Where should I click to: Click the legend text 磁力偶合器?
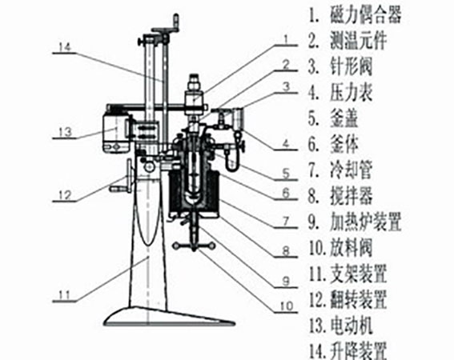click(x=366, y=14)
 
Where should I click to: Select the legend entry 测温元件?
click(x=359, y=41)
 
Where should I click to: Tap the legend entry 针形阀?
click(x=351, y=66)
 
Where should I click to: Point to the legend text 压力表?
click(x=351, y=93)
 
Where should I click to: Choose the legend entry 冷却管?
click(x=351, y=170)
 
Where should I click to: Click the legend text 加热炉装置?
click(x=366, y=222)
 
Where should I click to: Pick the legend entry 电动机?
click(x=351, y=326)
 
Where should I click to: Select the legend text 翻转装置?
click(x=359, y=300)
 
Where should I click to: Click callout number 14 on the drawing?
click(x=65, y=47)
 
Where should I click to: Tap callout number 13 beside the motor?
click(x=65, y=132)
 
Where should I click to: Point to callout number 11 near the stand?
click(x=64, y=295)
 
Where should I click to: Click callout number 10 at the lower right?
click(x=287, y=306)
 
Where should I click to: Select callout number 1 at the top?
click(x=286, y=39)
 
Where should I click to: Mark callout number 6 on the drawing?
click(x=286, y=193)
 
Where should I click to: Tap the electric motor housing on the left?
click(x=116, y=132)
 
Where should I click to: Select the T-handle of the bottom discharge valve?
click(x=194, y=246)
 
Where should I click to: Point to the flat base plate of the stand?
click(x=170, y=317)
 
